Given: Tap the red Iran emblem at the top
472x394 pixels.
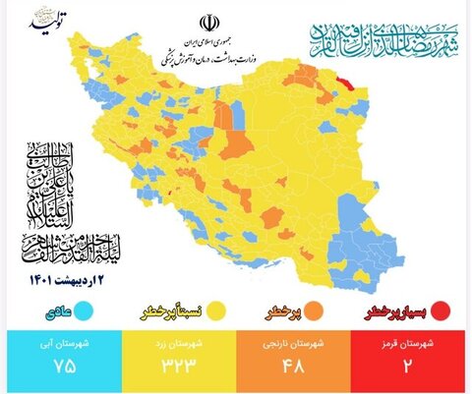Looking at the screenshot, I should click(210, 24).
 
